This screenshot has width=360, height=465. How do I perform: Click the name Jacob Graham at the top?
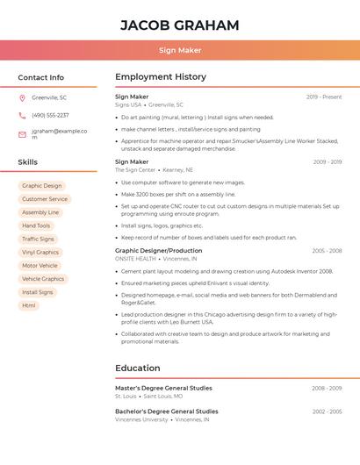(179, 25)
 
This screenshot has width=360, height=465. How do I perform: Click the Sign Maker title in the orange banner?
(179, 50)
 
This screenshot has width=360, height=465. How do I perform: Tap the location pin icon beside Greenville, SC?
(22, 98)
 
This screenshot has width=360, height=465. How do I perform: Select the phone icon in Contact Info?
(22, 116)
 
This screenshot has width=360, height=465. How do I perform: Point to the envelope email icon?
(22, 134)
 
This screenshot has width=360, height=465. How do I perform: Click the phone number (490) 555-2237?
(50, 116)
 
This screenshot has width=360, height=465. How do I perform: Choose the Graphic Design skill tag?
(41, 186)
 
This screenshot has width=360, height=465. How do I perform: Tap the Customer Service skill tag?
(45, 199)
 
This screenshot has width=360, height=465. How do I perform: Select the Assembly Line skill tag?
(40, 212)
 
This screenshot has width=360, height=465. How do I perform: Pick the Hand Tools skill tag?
(36, 225)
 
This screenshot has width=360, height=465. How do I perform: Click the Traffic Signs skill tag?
(38, 239)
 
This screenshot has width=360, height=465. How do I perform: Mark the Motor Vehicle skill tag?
(40, 266)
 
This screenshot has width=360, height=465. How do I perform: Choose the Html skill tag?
(29, 305)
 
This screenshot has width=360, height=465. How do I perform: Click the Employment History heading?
(161, 77)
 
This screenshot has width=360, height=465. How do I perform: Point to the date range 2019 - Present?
(324, 97)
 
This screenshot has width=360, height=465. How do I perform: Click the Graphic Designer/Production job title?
(159, 251)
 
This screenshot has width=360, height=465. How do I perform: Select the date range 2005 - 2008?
(327, 251)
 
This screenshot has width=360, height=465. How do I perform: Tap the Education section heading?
(138, 368)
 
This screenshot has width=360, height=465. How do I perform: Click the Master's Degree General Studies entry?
(163, 388)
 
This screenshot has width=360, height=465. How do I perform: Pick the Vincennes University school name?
(141, 419)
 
